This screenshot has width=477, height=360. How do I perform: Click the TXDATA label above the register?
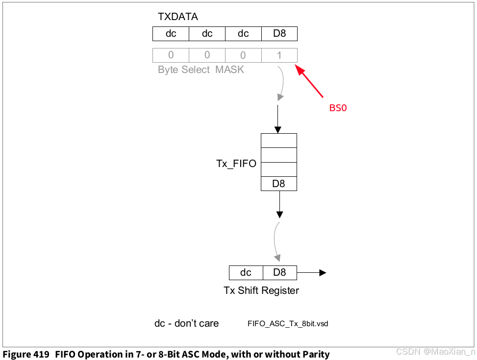click(177, 17)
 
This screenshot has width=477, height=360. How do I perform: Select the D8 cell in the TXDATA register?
click(279, 34)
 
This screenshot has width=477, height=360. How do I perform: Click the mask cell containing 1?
click(279, 55)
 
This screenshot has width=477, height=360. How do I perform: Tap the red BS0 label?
click(338, 108)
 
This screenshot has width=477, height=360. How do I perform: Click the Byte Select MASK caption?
click(201, 70)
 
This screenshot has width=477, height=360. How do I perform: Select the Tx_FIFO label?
click(236, 164)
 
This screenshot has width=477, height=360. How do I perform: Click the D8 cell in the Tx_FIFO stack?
click(278, 184)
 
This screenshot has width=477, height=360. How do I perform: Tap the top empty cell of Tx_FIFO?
click(278, 141)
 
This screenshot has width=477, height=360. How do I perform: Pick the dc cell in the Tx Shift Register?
click(246, 272)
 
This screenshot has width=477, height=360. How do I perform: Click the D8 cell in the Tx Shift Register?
click(279, 272)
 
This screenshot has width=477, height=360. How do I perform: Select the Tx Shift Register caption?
click(261, 290)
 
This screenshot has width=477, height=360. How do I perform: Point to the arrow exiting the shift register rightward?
click(312, 272)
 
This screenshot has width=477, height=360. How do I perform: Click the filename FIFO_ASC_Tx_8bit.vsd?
click(288, 324)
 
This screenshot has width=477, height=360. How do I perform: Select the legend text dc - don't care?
click(186, 323)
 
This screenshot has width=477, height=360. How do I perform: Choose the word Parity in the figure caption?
click(315, 354)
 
